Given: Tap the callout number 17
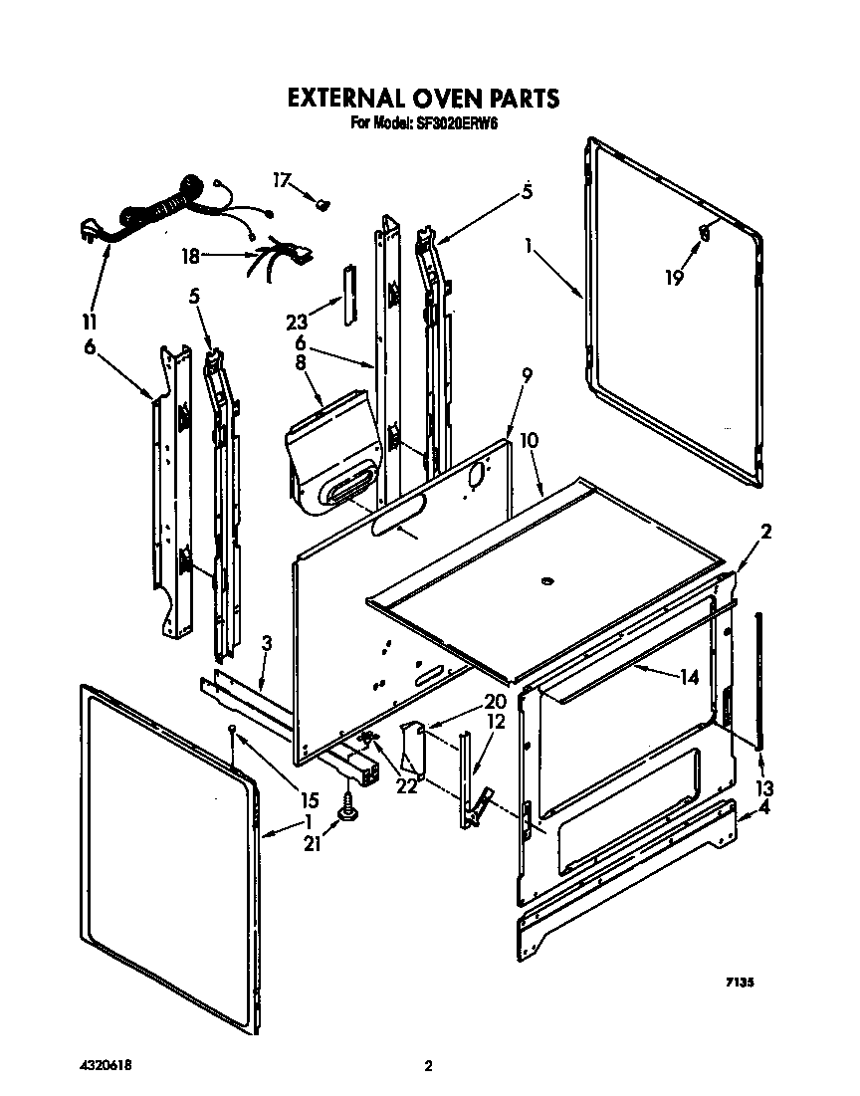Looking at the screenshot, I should (x=283, y=180).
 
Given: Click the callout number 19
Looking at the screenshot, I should (x=675, y=277).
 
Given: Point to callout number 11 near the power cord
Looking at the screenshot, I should (x=90, y=322).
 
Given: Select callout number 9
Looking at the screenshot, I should (x=527, y=375).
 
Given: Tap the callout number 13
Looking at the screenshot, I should (x=764, y=788).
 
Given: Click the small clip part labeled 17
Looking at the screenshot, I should (x=321, y=204).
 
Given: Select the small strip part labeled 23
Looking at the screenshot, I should (x=347, y=295).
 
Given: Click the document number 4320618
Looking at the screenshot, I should (x=103, y=1065).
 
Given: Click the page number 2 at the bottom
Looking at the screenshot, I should (x=428, y=1066).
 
